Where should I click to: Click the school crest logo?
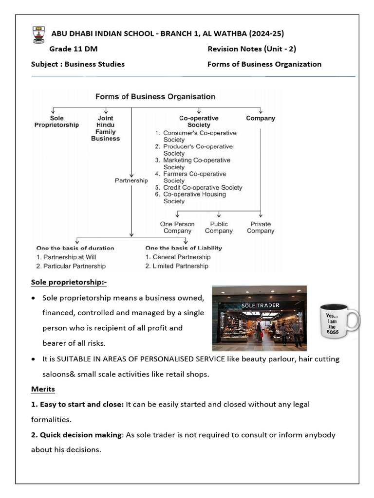pyautogui.click(x=37, y=36)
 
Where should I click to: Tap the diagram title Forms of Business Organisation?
pyautogui.click(x=155, y=96)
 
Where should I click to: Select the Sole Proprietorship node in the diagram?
pyautogui.click(x=56, y=122)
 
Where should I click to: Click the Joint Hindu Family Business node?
pyautogui.click(x=105, y=128)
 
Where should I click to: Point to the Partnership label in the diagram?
pyautogui.click(x=131, y=180)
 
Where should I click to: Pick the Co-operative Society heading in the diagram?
pyautogui.click(x=199, y=122)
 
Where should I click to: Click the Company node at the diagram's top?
pyautogui.click(x=261, y=118)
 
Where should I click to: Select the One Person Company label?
pyautogui.click(x=177, y=228)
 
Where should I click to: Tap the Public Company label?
pyautogui.click(x=219, y=228)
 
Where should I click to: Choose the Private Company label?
pyautogui.click(x=261, y=228)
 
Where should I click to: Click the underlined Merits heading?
pyautogui.click(x=43, y=389)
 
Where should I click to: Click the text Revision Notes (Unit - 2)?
pyautogui.click(x=252, y=49)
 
